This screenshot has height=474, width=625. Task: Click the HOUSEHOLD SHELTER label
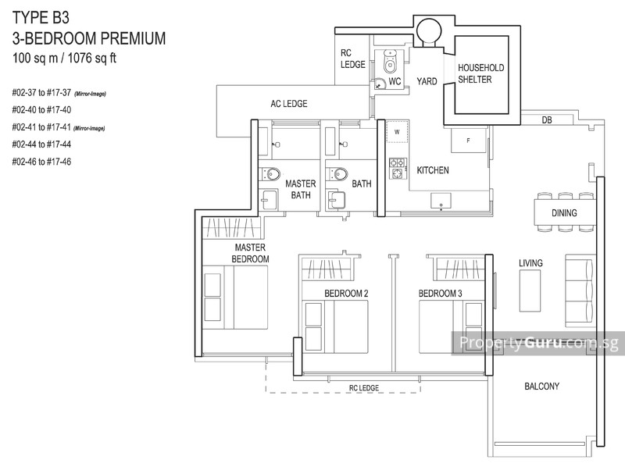tap(480, 73)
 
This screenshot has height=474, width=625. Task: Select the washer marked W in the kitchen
tap(397, 132)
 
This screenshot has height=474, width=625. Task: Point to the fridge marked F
tap(468, 140)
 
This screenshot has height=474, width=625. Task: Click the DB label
tap(546, 120)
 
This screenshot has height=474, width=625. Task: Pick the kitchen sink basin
tap(441, 201)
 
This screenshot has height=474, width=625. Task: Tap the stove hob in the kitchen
tap(398, 168)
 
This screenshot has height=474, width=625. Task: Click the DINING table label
tap(564, 213)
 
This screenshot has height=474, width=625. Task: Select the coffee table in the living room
tap(530, 290)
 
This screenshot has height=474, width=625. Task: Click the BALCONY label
tap(541, 386)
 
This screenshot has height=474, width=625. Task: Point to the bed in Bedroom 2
tap(335, 326)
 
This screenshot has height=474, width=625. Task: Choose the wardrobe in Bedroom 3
tap(459, 269)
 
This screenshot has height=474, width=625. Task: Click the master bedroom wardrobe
tap(231, 227)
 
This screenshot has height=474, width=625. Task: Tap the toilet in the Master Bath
tap(270, 174)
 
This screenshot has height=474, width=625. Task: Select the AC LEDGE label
tap(289, 104)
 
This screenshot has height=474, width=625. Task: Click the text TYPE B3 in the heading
tap(41, 18)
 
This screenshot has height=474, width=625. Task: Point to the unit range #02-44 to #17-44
tap(41, 144)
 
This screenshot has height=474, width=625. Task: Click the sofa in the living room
tap(580, 290)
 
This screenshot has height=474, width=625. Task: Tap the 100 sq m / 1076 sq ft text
tap(64, 58)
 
